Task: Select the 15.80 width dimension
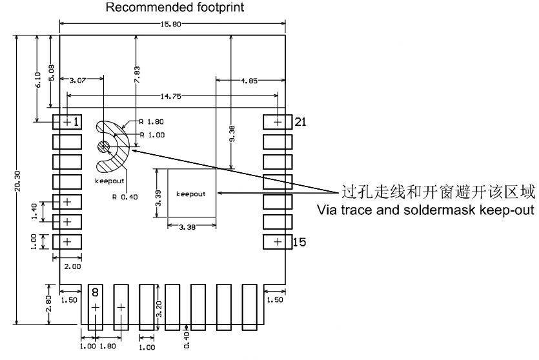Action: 173,25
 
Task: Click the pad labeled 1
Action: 66,121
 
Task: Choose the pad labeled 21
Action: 278,121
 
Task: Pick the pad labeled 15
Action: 278,242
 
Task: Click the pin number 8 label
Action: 96,292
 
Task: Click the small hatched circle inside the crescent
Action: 103,148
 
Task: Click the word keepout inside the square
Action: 190,194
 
